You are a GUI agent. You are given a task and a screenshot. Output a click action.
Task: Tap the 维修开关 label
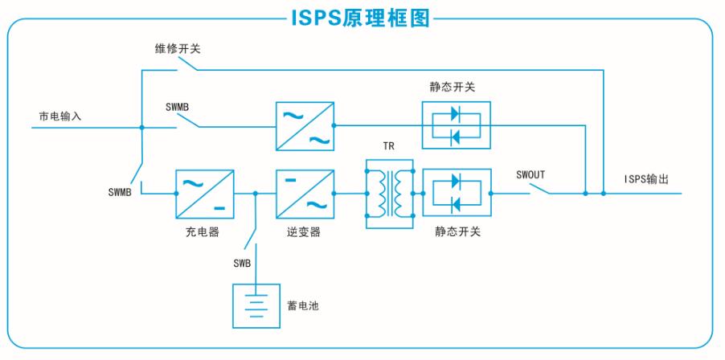click(178, 49)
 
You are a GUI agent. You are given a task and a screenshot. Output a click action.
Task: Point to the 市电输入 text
click(60, 117)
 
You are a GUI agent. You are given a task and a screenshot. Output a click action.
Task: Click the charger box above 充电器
click(205, 194)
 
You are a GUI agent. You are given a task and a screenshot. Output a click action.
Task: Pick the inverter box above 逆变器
click(305, 194)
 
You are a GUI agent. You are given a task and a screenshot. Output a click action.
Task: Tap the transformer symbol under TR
click(389, 194)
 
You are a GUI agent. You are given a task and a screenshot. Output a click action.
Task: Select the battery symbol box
click(256, 306)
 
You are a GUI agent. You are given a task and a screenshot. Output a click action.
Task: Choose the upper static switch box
click(457, 125)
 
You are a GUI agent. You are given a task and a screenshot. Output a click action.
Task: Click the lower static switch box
click(457, 194)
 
